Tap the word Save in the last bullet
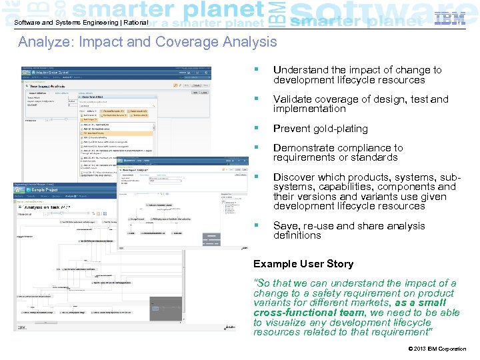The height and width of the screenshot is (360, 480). (285, 226)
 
